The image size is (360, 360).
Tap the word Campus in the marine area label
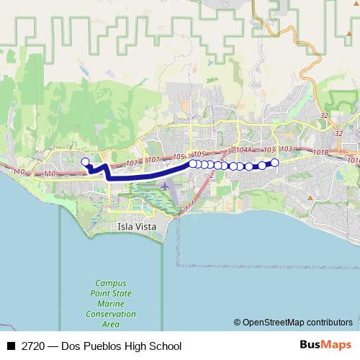tap(111, 284)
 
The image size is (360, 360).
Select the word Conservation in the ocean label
tap(111, 314)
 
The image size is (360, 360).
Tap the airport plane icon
tap(165, 186)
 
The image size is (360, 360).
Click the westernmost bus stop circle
tap(85, 162)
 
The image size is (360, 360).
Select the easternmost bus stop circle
tap(274, 162)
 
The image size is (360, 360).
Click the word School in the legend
tap(165, 346)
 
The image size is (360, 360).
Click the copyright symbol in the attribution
tap(237, 322)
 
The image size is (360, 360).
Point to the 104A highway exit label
tap(243, 150)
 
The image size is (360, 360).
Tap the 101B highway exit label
tap(321, 152)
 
